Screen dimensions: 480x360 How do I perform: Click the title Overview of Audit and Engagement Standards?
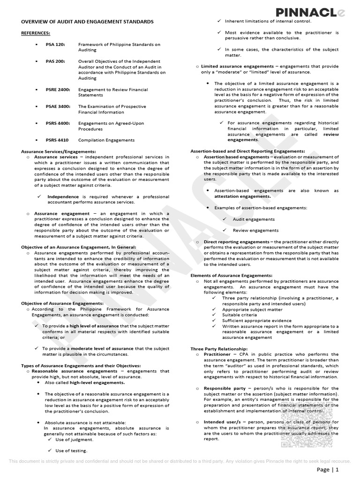87,22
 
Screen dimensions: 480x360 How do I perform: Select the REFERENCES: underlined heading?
36,33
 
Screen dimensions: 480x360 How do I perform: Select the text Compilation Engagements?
106,140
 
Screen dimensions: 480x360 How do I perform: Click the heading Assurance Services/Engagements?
59,151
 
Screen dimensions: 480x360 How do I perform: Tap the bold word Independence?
63,196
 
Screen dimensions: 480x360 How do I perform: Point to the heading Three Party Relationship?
218,349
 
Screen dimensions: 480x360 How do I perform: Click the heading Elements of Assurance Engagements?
231,275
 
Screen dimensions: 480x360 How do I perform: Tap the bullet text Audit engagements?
254,219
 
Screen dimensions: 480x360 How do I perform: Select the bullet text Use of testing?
71,450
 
